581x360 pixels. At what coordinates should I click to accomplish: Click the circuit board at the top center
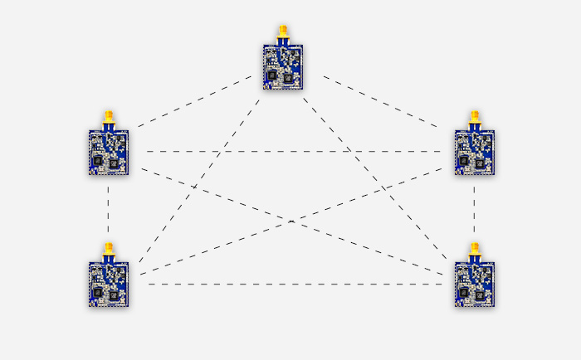pos(283,67)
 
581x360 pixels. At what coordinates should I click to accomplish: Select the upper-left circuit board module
pos(109,152)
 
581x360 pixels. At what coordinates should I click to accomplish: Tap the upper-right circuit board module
pos(475,152)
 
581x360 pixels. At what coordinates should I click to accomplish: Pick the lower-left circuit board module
pos(109,284)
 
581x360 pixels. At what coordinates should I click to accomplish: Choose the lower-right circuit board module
pos(475,284)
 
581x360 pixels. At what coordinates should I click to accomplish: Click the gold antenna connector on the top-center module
pos(283,34)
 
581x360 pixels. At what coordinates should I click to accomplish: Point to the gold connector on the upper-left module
pos(109,119)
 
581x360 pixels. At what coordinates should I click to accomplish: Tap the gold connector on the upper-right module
pos(475,119)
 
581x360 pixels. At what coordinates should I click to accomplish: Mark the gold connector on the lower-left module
pos(109,251)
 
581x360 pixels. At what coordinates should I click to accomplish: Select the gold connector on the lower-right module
pos(475,251)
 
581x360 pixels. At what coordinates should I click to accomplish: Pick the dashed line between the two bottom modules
pos(290,284)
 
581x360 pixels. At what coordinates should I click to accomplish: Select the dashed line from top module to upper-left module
pos(195,102)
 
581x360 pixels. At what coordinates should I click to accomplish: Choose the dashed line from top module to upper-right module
pos(382,102)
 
